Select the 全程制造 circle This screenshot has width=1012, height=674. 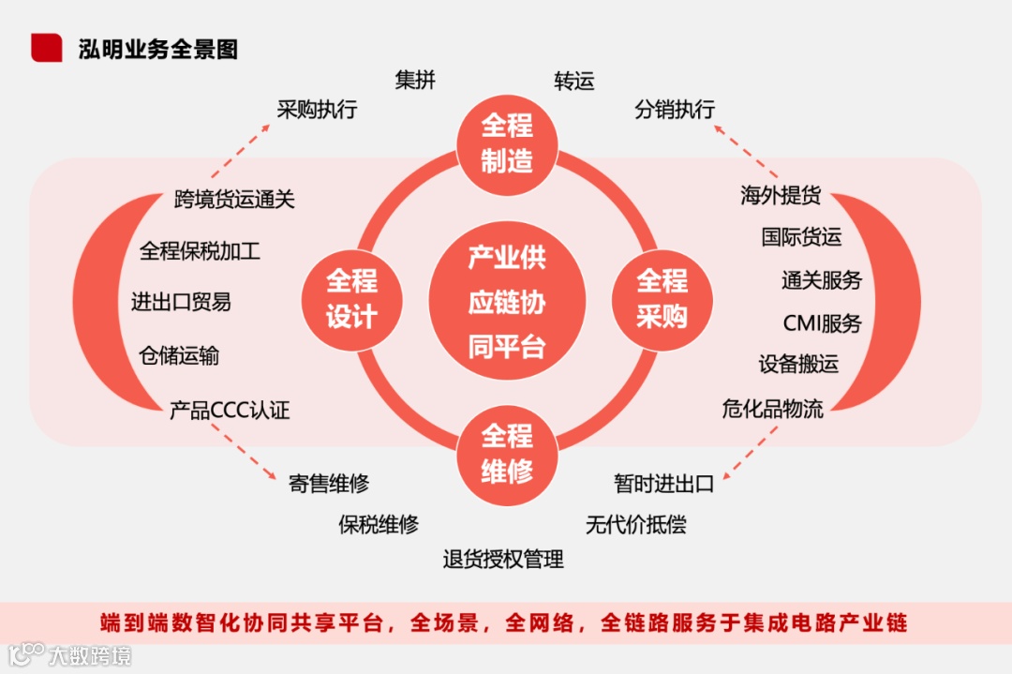click(x=506, y=143)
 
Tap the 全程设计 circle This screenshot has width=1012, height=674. click(x=351, y=299)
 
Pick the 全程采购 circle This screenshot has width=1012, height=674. click(x=662, y=299)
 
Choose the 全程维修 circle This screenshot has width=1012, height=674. click(x=506, y=454)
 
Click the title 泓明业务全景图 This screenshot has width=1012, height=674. click(x=157, y=49)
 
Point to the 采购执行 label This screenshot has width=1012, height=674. click(x=317, y=110)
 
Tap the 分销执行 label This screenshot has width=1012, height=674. click(x=675, y=110)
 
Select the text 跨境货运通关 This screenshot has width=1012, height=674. click(x=234, y=199)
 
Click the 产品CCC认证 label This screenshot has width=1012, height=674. click(x=230, y=411)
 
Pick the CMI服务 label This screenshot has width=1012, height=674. click(x=822, y=323)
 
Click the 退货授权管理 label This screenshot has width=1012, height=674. click(x=503, y=560)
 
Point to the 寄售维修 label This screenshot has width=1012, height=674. click(x=328, y=484)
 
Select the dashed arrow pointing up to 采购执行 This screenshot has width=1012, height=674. click(x=239, y=150)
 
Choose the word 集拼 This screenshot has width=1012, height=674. click(x=415, y=81)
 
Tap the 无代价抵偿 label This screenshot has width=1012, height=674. click(x=635, y=524)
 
